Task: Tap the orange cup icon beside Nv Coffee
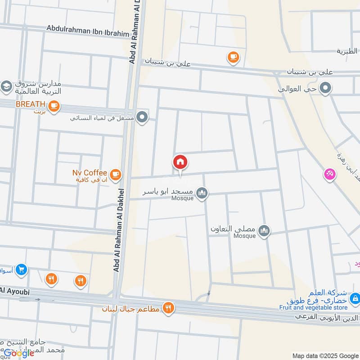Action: click(116, 173)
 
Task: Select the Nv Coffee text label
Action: click(90, 173)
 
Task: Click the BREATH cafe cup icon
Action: click(54, 106)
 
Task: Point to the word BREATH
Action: click(31, 104)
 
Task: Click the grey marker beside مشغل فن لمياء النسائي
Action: click(143, 117)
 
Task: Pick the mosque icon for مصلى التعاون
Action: click(264, 230)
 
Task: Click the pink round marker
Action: click(330, 175)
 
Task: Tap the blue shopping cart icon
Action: click(21, 270)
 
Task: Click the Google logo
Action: click(19, 353)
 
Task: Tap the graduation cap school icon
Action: click(6, 86)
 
